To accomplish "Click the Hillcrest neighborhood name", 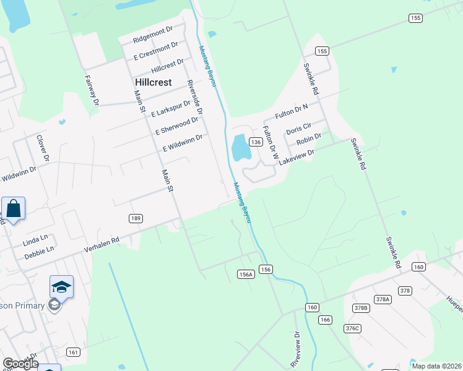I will [154, 82].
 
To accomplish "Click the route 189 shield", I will [136, 218].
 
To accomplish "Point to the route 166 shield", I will [326, 320].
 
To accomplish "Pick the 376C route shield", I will [352, 328].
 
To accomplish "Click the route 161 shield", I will [73, 352].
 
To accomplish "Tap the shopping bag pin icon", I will [14, 209].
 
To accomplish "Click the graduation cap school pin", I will [61, 287].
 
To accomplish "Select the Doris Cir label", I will [298, 131].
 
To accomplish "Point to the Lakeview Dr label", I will [296, 155].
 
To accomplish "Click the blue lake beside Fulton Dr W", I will [240, 148].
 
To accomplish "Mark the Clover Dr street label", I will [43, 148].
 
